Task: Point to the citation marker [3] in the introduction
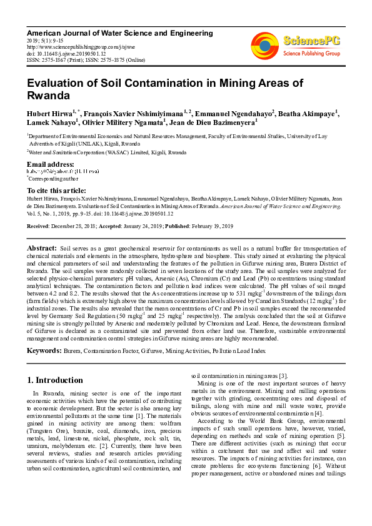tap(283, 375)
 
